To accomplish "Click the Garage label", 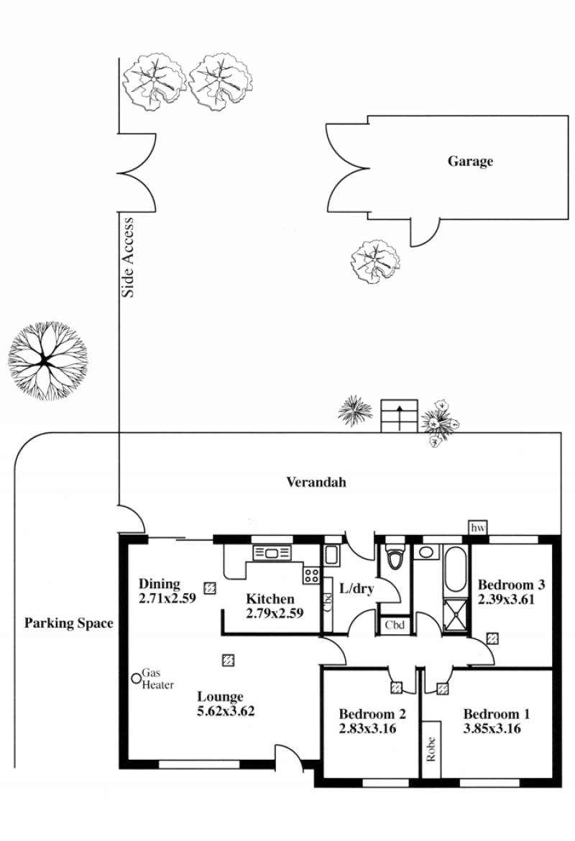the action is [x=470, y=162].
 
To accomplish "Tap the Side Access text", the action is [x=128, y=257].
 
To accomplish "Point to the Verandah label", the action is [x=316, y=482].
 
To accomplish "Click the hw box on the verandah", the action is [x=477, y=528].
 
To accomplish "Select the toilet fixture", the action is [x=395, y=556].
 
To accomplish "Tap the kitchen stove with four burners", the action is [x=311, y=575].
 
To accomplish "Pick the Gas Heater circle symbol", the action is [x=137, y=679].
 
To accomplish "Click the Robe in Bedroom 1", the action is [x=431, y=749].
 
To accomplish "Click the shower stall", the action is [x=456, y=616].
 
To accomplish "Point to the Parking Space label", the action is [x=69, y=623].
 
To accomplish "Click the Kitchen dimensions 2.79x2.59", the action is [x=275, y=613].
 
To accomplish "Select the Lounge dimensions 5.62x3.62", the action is [x=226, y=711].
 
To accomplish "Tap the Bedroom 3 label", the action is [x=511, y=585].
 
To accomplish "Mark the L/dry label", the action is [x=356, y=588].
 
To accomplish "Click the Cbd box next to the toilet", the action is [x=395, y=625].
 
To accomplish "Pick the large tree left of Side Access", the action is [x=47, y=361].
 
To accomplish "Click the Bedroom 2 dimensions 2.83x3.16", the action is [x=367, y=728].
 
